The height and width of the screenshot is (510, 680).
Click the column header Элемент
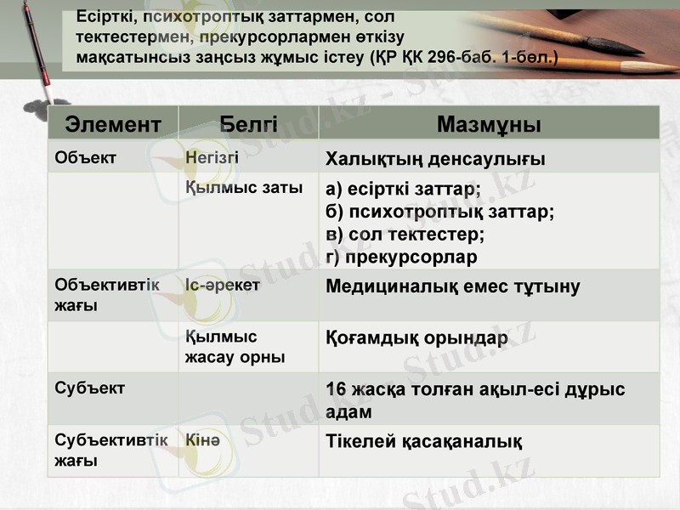coord(113,124)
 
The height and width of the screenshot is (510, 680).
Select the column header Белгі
coord(248,124)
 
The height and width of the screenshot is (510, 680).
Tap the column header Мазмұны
coord(489,124)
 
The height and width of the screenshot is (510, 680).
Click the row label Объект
coord(85,157)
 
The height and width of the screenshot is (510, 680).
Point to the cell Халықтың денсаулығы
coord(435,160)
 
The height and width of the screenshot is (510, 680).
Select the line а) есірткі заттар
coord(403,190)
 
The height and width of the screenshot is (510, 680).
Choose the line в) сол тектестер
coord(405,235)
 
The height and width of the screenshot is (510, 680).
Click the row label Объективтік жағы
coord(106,295)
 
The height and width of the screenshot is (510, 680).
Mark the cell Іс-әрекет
coord(222,286)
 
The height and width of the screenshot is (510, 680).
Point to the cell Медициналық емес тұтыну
coord(453,287)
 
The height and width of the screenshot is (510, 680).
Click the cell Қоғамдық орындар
coord(416,338)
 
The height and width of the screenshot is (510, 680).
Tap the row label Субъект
coord(89,388)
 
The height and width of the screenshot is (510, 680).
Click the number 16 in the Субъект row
coord(337,390)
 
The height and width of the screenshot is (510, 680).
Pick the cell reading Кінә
coord(202,440)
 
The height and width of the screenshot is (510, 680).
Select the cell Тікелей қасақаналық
coord(423,442)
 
